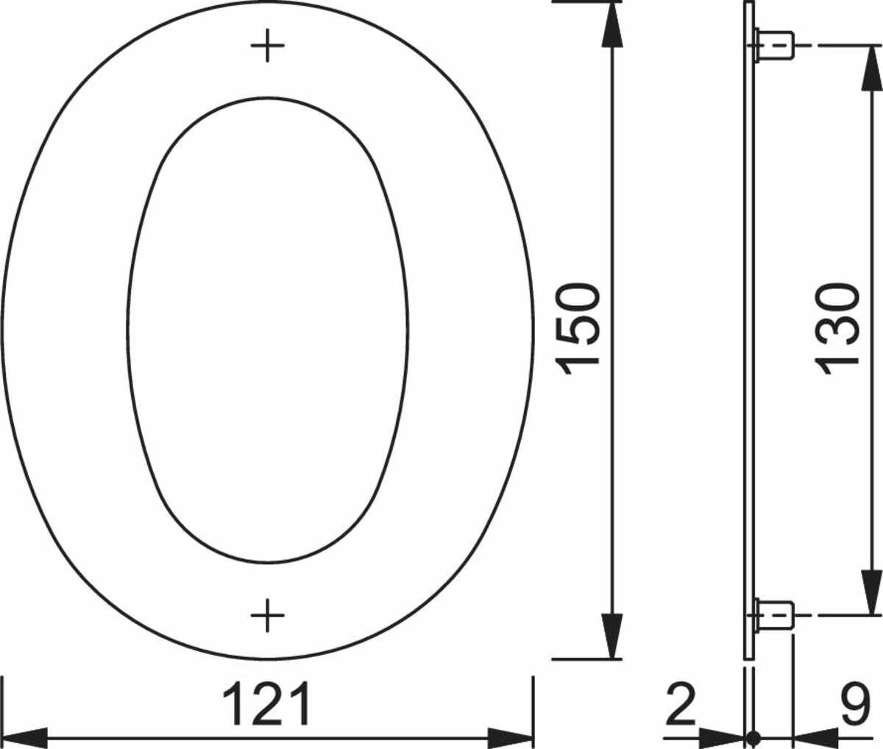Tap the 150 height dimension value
point(578,328)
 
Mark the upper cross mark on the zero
point(267,46)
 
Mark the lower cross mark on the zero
point(267,615)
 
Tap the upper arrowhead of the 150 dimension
point(611,24)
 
